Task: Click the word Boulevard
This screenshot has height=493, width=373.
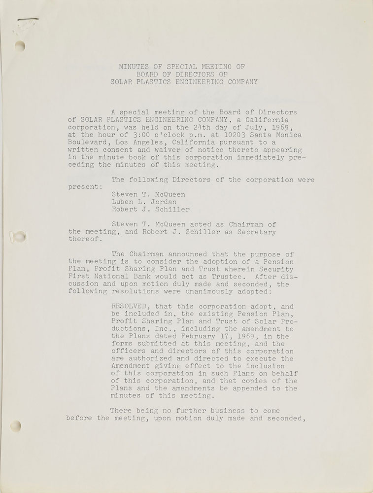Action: point(89,143)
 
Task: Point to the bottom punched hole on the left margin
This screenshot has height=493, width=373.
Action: point(16,425)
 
